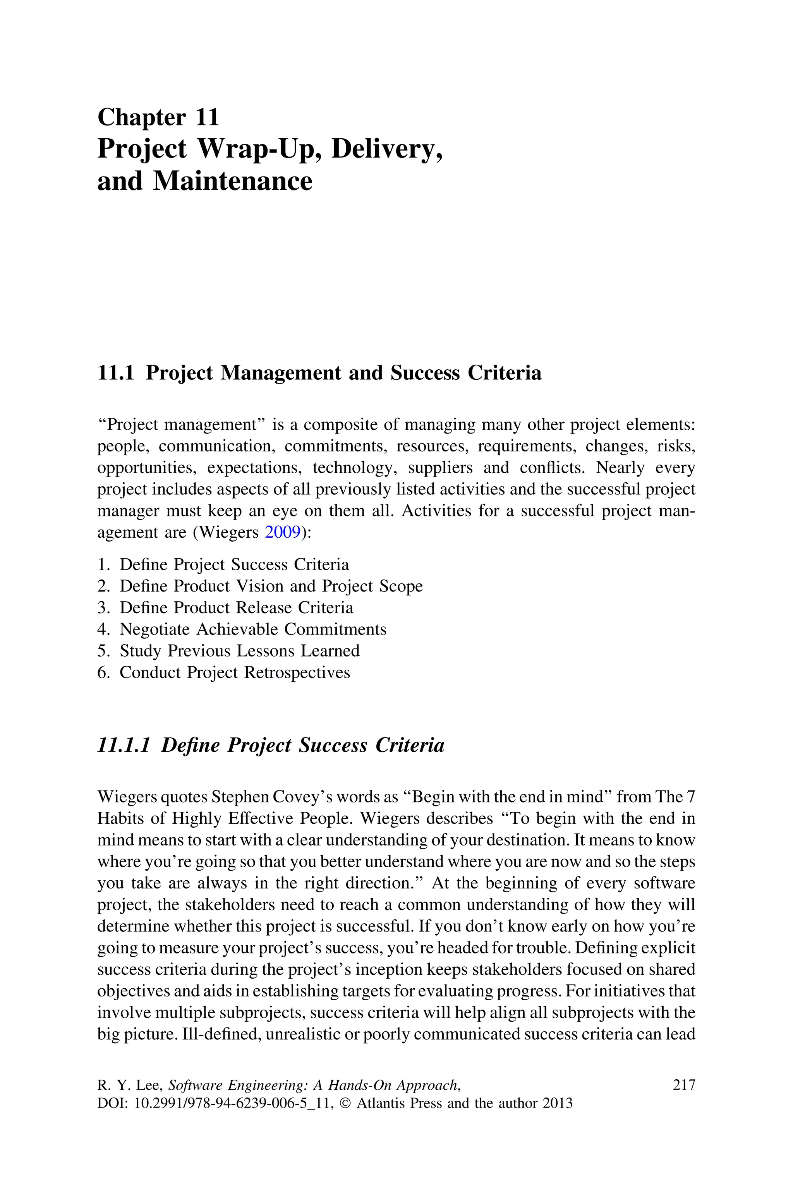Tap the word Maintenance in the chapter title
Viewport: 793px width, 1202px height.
(x=232, y=181)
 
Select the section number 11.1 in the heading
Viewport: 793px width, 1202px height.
(x=115, y=373)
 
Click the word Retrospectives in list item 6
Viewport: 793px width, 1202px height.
(x=297, y=673)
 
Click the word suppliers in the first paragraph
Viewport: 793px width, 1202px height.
(x=440, y=468)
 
